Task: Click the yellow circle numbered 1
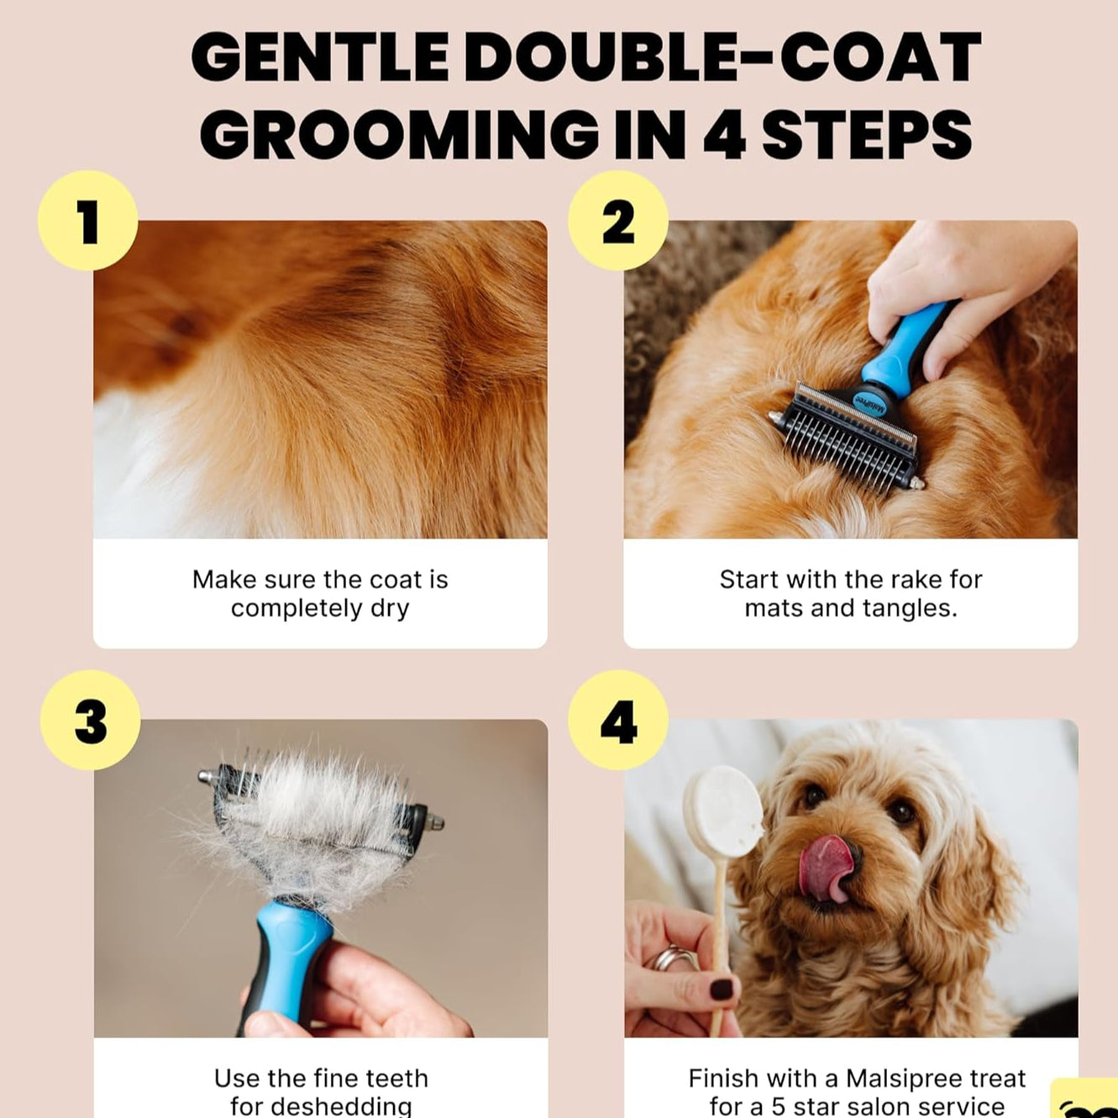(x=87, y=220)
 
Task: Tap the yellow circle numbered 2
(x=618, y=220)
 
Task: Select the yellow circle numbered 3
(x=91, y=720)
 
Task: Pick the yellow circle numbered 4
(x=618, y=720)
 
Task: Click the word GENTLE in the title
(x=320, y=59)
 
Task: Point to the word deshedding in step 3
(x=321, y=1106)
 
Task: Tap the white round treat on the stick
(x=722, y=811)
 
